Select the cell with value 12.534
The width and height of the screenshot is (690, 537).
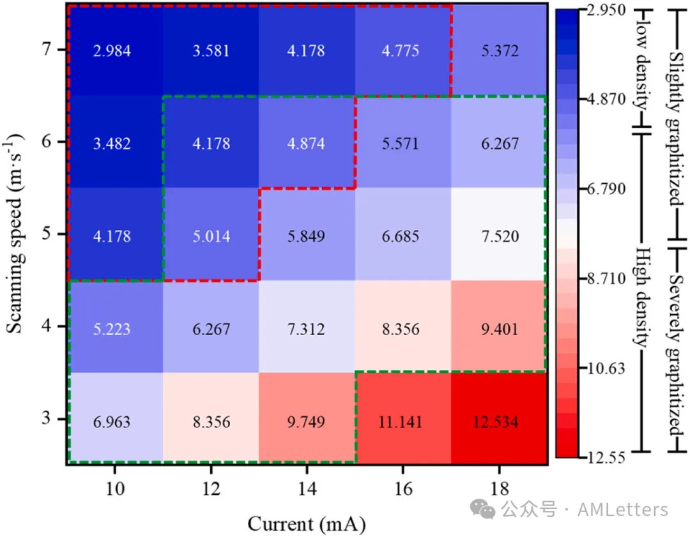[499, 421]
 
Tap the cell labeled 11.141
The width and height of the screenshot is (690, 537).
[403, 421]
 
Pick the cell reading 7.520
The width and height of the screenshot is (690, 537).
[499, 236]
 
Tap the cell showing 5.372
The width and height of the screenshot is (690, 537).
[499, 50]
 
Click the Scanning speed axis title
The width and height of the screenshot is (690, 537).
[15, 233]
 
